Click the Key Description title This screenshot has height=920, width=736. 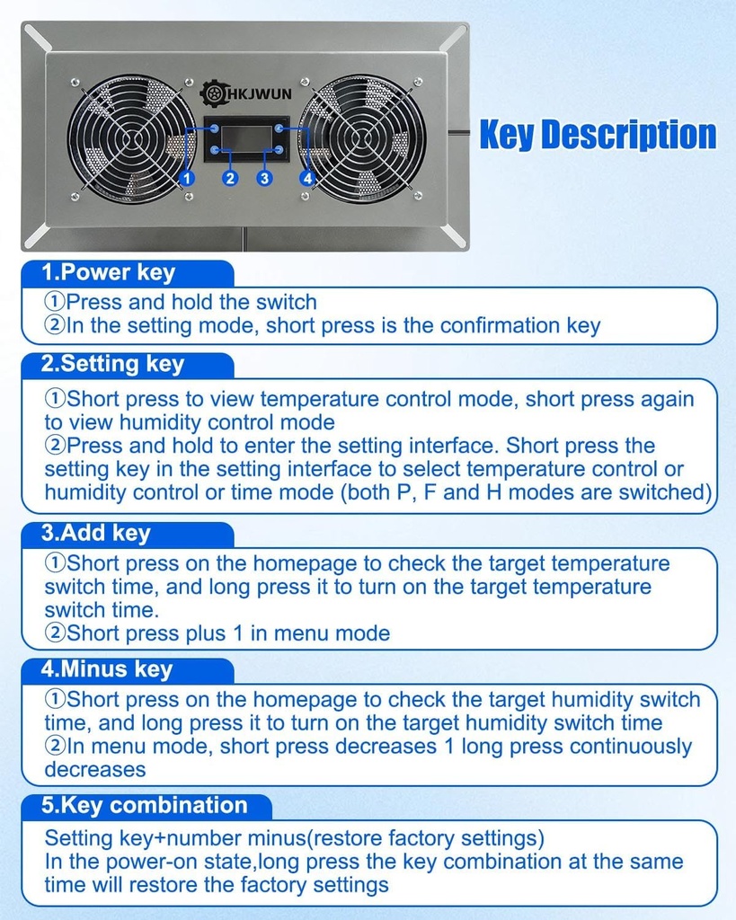[x=598, y=135]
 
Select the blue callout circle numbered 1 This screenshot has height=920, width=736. [x=187, y=178]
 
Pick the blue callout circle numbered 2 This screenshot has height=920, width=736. [x=231, y=178]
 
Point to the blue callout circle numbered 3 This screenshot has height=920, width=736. [x=264, y=178]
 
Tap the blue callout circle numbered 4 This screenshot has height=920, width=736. [x=307, y=178]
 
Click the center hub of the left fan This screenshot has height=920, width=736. [x=131, y=139]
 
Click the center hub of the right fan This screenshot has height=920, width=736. [x=361, y=139]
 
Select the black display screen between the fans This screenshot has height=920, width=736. [x=247, y=138]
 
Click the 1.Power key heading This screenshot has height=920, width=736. [x=110, y=272]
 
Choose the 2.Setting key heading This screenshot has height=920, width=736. [x=113, y=364]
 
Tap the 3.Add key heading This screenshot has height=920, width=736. [x=97, y=533]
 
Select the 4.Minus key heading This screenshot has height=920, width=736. [x=108, y=669]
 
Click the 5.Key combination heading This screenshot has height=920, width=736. [x=145, y=805]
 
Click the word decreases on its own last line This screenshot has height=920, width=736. [x=95, y=770]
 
